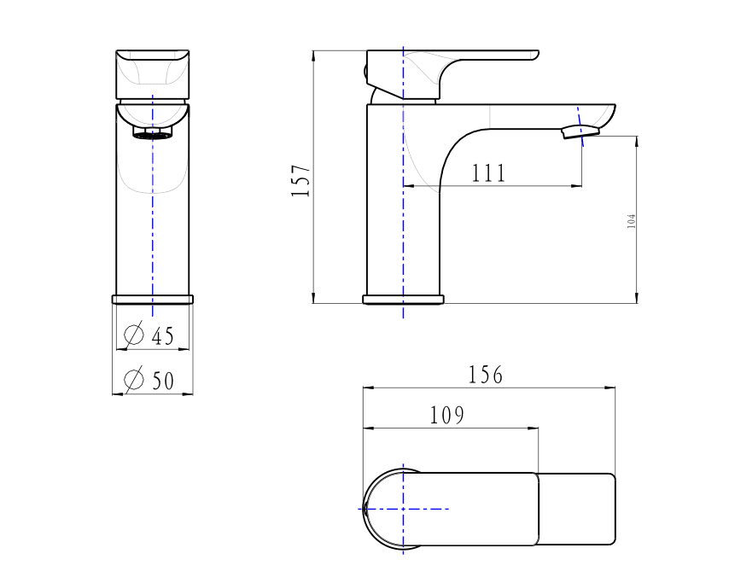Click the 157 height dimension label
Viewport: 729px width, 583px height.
[300, 180]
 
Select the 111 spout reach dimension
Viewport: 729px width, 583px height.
[488, 173]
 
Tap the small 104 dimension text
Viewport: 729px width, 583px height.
[631, 221]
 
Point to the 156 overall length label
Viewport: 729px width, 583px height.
[486, 375]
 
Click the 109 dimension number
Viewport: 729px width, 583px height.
[446, 416]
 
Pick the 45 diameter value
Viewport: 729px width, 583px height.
[163, 336]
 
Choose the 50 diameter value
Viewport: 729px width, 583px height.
[163, 381]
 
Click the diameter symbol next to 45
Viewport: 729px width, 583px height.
[134, 334]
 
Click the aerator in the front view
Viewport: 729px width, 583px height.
[153, 133]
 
